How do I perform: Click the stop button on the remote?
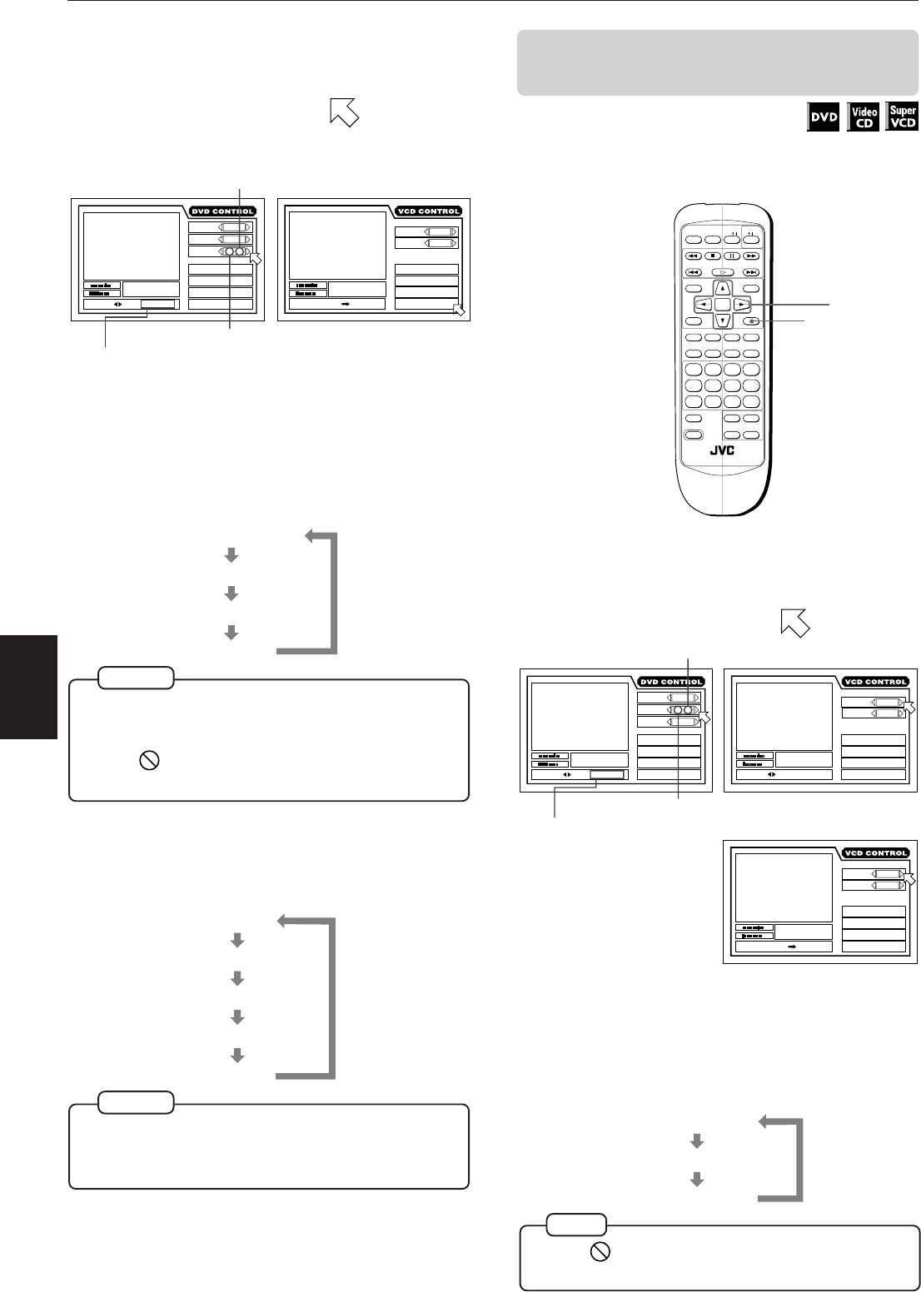click(x=713, y=256)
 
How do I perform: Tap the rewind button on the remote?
click(x=693, y=256)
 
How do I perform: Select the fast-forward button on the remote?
click(x=751, y=256)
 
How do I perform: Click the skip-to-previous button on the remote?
click(x=693, y=271)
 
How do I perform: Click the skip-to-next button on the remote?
click(x=751, y=271)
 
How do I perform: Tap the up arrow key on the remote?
click(x=722, y=288)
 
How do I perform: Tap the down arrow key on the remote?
click(x=722, y=321)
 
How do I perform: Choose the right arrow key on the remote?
click(x=741, y=305)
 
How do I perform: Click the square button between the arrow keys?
click(x=722, y=305)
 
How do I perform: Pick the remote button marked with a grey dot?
click(x=751, y=321)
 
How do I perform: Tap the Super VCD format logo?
click(x=902, y=117)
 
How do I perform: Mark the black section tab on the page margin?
click(x=28, y=688)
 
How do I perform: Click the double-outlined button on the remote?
click(x=693, y=434)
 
